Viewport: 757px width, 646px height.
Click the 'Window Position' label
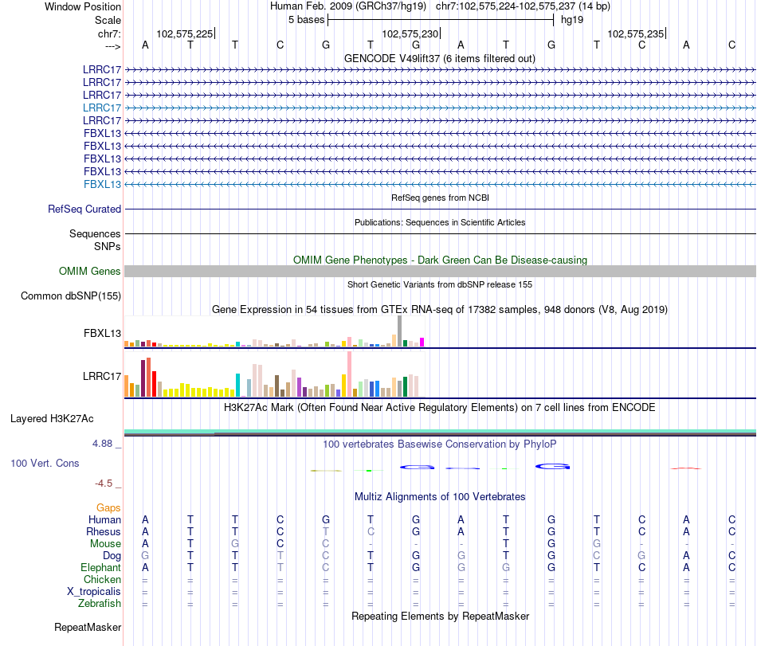[x=83, y=6]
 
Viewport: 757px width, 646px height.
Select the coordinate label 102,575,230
[x=410, y=33]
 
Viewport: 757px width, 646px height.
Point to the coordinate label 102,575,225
[x=185, y=33]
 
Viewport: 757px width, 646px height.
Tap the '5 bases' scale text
[x=306, y=19]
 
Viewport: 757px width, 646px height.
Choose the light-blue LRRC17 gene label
[x=102, y=108]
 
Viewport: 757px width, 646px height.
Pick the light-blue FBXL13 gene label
[x=102, y=184]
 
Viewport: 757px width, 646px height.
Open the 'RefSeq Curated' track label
[x=84, y=209]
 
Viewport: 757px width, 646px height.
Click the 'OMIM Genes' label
[x=90, y=272]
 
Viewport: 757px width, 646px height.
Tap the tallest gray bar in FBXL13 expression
[x=399, y=331]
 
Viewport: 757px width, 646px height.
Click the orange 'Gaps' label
[x=108, y=507]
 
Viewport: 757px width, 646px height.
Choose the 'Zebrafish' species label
[x=100, y=603]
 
